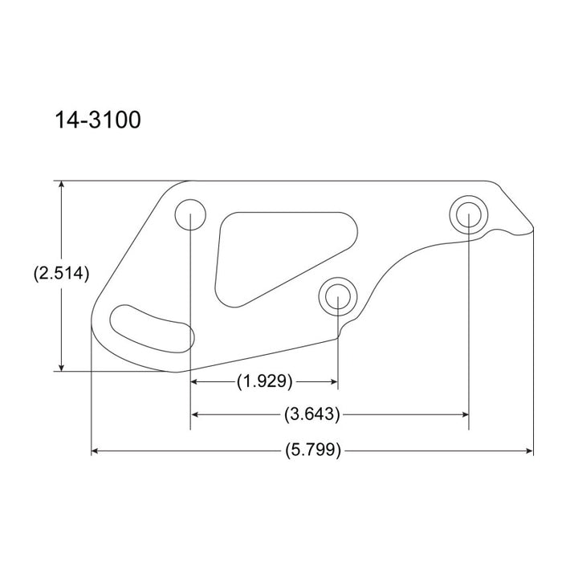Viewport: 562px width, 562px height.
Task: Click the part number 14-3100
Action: click(98, 120)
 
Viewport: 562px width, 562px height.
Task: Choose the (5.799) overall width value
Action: click(313, 451)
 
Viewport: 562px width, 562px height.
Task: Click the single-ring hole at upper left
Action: click(190, 214)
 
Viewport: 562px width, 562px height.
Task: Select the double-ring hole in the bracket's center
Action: click(337, 296)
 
